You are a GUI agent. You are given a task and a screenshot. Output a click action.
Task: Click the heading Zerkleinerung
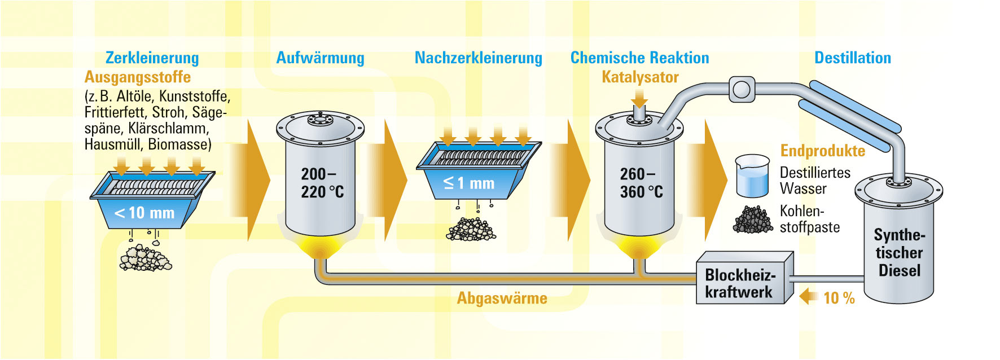click(x=152, y=58)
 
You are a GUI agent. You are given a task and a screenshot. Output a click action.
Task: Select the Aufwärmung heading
click(x=320, y=58)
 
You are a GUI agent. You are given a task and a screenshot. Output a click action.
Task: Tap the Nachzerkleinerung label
click(x=478, y=58)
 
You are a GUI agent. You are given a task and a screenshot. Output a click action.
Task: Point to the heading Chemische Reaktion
click(x=639, y=58)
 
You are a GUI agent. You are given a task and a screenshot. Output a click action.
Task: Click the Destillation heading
click(x=852, y=58)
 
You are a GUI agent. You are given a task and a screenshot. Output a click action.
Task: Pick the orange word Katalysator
click(x=640, y=77)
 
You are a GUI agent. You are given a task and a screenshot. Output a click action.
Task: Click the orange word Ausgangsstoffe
click(x=137, y=77)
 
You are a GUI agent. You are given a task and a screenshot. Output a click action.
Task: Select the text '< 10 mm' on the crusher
click(x=144, y=213)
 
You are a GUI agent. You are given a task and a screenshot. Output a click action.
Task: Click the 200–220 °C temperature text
click(x=322, y=183)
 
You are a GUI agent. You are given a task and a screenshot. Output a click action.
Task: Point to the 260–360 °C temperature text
click(x=641, y=183)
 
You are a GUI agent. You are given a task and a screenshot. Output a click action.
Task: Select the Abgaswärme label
click(x=502, y=298)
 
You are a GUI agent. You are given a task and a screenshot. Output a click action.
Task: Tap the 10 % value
click(x=839, y=298)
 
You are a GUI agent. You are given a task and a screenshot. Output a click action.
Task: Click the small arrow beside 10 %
click(x=809, y=296)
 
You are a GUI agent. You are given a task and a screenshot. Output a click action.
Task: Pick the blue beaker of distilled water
click(x=752, y=177)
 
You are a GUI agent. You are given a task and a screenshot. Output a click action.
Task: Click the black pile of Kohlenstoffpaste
click(x=752, y=219)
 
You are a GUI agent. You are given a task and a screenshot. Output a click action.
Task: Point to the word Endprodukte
click(x=822, y=151)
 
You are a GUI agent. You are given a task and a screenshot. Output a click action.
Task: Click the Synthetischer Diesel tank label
click(x=899, y=253)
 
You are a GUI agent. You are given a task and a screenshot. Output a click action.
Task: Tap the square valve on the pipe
click(x=742, y=89)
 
